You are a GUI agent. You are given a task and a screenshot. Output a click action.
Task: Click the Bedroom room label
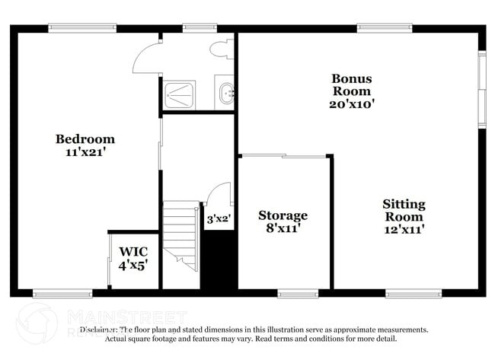tap(85, 139)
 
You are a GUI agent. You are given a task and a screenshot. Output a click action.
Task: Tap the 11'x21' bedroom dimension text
tap(85, 151)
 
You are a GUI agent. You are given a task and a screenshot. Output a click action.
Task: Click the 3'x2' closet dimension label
tap(219, 218)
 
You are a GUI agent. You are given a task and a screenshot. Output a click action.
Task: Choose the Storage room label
tap(283, 215)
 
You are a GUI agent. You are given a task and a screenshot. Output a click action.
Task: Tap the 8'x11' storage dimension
tap(283, 228)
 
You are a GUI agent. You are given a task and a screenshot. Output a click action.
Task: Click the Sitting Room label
tap(404, 210)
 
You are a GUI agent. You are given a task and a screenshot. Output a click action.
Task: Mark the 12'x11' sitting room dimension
tap(404, 228)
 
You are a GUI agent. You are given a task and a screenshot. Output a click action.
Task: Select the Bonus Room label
tap(352, 84)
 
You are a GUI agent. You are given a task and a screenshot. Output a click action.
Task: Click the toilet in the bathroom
tap(222, 49)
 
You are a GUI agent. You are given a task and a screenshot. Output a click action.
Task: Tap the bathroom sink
tap(225, 94)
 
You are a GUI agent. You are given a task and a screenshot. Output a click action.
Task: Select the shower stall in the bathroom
tap(180, 94)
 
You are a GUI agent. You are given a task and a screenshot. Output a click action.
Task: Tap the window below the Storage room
tap(298, 294)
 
